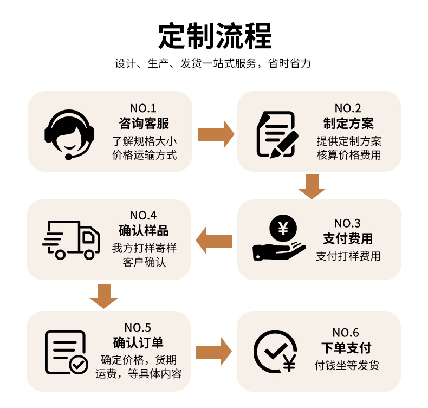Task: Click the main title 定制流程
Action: tap(215, 36)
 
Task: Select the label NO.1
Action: tap(143, 108)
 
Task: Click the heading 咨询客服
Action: tap(144, 123)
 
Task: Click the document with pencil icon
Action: tap(276, 134)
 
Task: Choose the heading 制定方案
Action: tap(348, 123)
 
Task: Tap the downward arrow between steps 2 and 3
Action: tap(312, 186)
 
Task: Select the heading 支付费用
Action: tap(348, 238)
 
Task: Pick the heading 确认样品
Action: tap(144, 231)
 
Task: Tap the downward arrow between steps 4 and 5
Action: tap(103, 296)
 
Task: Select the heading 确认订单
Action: tap(138, 342)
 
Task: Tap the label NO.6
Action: tap(346, 333)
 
